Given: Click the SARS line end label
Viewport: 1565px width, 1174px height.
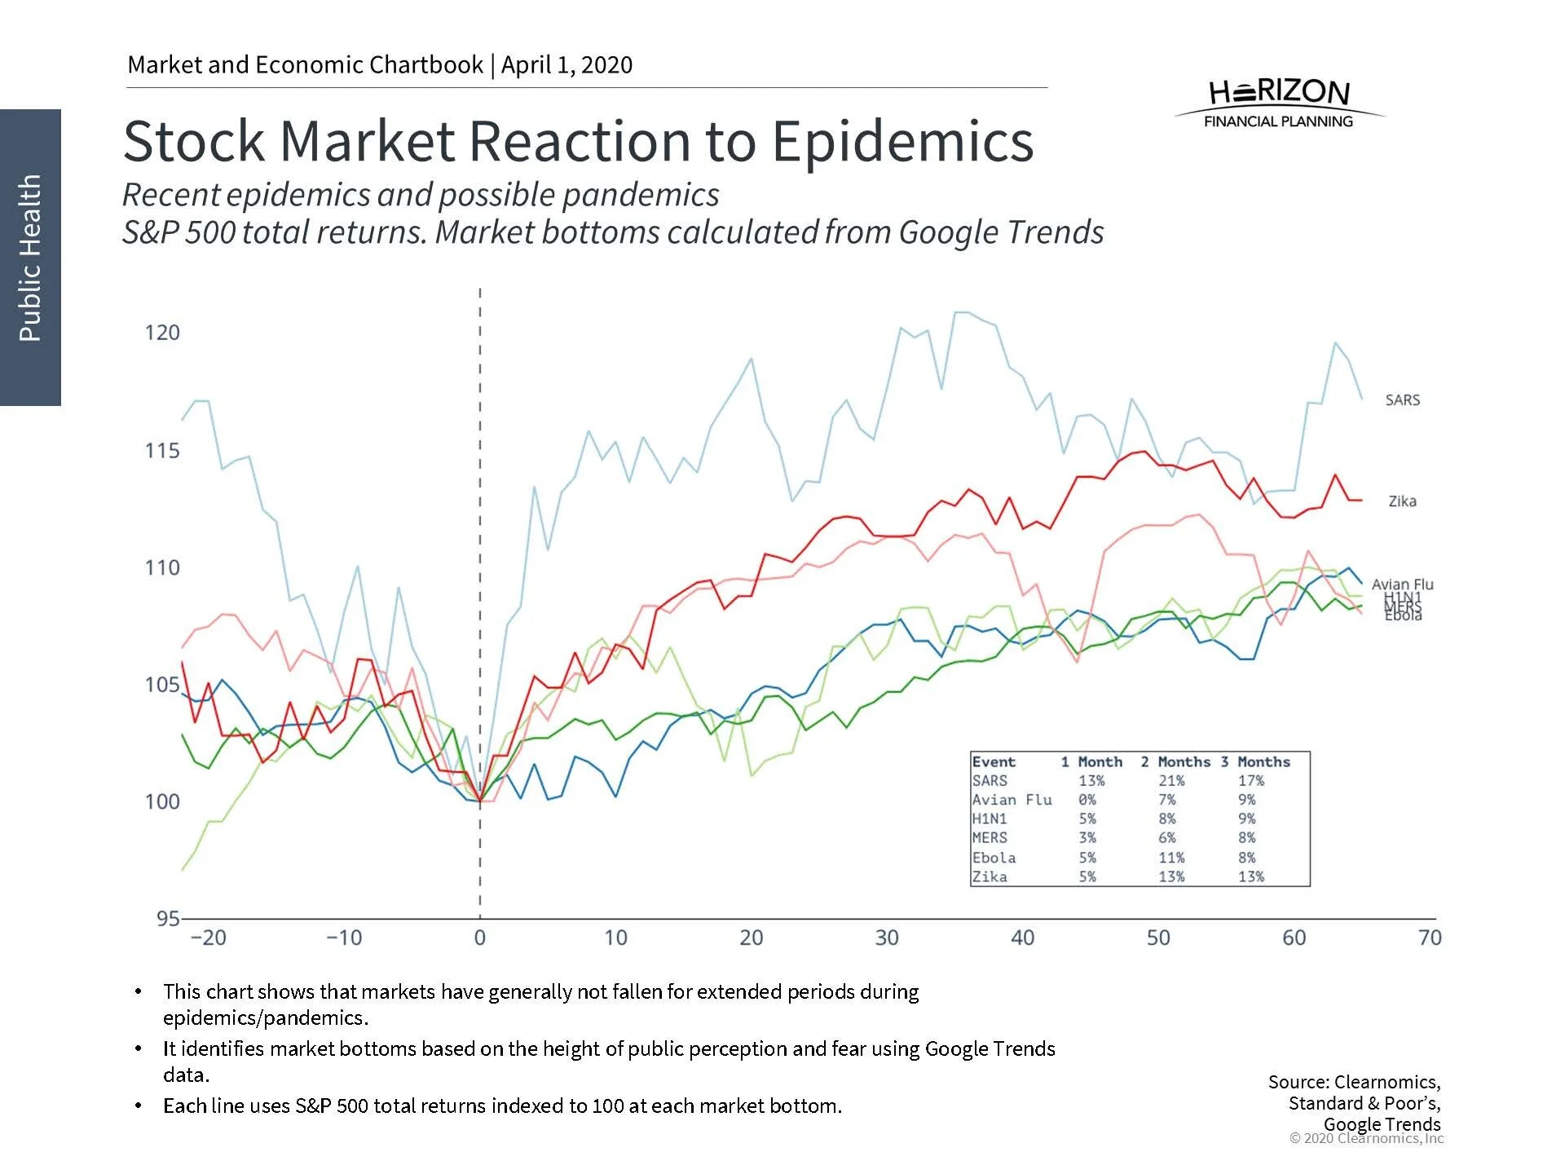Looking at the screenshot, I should point(1402,399).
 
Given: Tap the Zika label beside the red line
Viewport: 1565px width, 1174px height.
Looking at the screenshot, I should point(1402,501).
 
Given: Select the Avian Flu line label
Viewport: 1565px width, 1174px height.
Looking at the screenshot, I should point(1402,584).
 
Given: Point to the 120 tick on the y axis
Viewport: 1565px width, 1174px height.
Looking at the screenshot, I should point(162,333).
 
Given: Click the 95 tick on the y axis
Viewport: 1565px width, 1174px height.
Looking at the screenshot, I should point(167,918).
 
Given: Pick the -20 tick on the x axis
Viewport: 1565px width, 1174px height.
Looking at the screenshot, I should point(208,938).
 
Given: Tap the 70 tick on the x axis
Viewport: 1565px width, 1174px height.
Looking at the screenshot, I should point(1430,938).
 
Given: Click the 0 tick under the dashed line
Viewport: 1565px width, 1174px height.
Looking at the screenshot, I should point(479,938).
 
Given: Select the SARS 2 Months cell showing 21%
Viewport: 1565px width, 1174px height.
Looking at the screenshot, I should point(1171,780).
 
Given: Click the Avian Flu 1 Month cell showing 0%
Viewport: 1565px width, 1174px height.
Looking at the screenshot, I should point(1087,800).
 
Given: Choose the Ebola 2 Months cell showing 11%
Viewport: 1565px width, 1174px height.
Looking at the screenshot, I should point(1171,858).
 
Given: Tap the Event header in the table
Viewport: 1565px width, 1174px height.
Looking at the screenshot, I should point(994,761).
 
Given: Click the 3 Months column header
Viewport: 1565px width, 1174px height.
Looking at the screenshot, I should point(1255,761).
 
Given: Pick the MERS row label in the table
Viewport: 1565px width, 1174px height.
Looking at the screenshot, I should point(990,838).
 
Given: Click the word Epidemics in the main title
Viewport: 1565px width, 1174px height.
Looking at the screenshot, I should point(902,141).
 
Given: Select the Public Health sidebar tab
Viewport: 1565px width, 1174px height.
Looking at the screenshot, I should point(30,257).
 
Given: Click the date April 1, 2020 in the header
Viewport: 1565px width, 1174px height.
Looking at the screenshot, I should point(566,64).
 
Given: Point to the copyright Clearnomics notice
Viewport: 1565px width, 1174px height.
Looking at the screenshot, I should point(1366,1138).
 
